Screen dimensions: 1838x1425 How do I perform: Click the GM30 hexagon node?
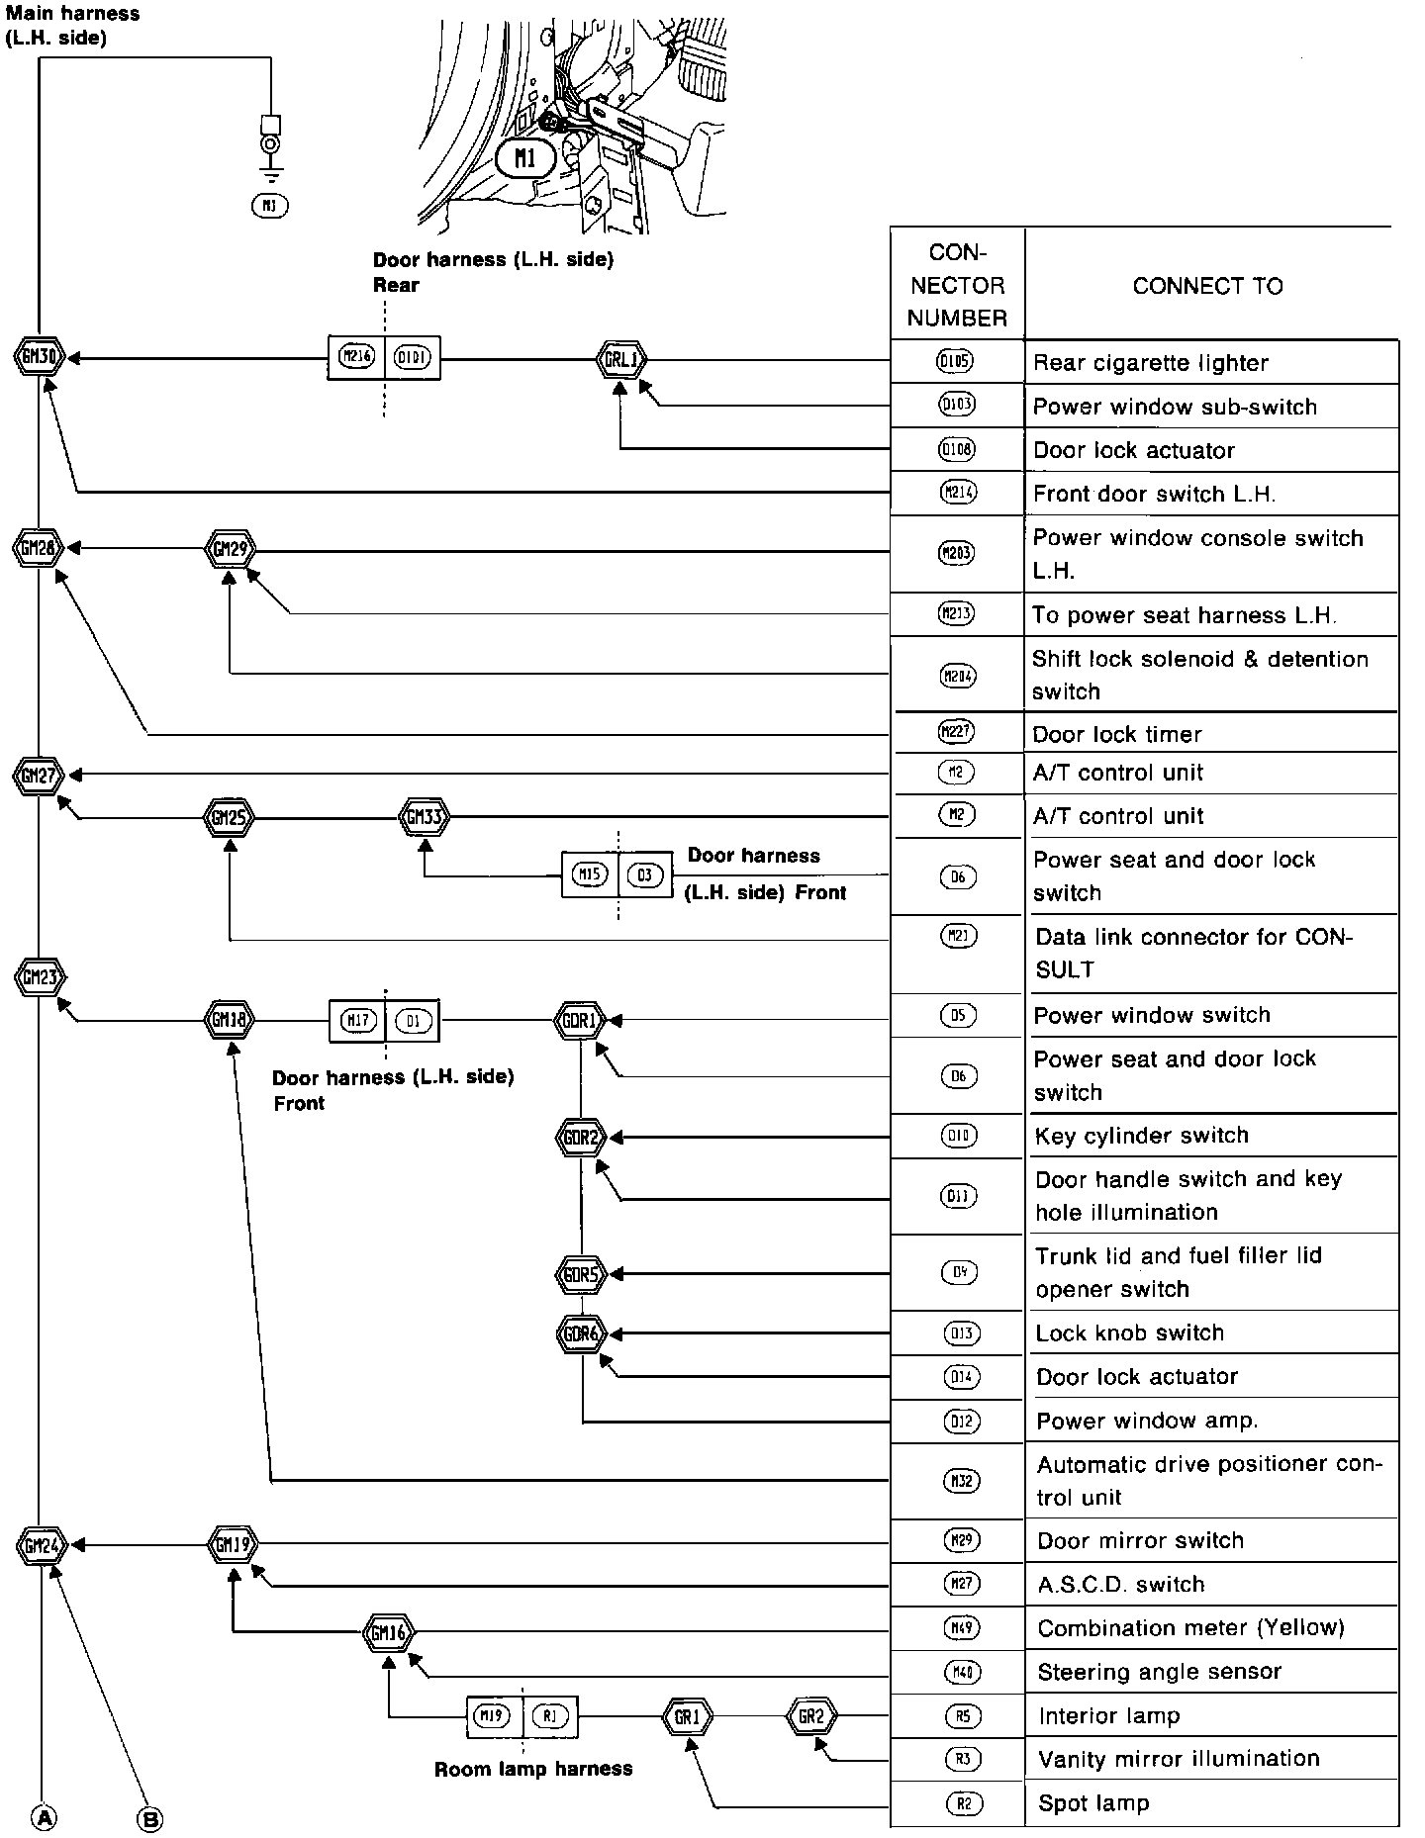[x=40, y=357]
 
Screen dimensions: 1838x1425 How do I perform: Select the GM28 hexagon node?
[x=39, y=547]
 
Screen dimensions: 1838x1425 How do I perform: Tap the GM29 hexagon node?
[x=230, y=547]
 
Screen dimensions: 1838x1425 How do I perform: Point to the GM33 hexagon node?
[x=426, y=818]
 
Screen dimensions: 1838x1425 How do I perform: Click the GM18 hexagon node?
[x=229, y=1019]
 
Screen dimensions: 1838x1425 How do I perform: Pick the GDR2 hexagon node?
[x=581, y=1138]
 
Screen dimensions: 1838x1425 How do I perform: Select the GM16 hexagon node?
[x=389, y=1632]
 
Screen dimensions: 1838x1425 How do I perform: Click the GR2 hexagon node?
[x=811, y=1716]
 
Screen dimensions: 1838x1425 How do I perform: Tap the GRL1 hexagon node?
[x=621, y=359]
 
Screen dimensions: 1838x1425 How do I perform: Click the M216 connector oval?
[x=356, y=358]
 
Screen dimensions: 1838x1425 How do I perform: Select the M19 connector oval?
[x=493, y=1716]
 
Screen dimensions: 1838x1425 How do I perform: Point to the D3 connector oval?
[x=645, y=874]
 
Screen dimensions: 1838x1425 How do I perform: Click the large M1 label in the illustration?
[x=525, y=157]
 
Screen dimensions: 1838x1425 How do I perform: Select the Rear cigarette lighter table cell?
[x=1210, y=363]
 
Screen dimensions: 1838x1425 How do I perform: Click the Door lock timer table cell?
[x=1210, y=734]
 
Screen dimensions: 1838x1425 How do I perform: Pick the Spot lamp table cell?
[x=1210, y=1802]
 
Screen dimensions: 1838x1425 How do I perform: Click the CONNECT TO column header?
[x=1207, y=286]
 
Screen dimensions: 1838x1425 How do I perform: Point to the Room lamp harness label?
[x=533, y=1769]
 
